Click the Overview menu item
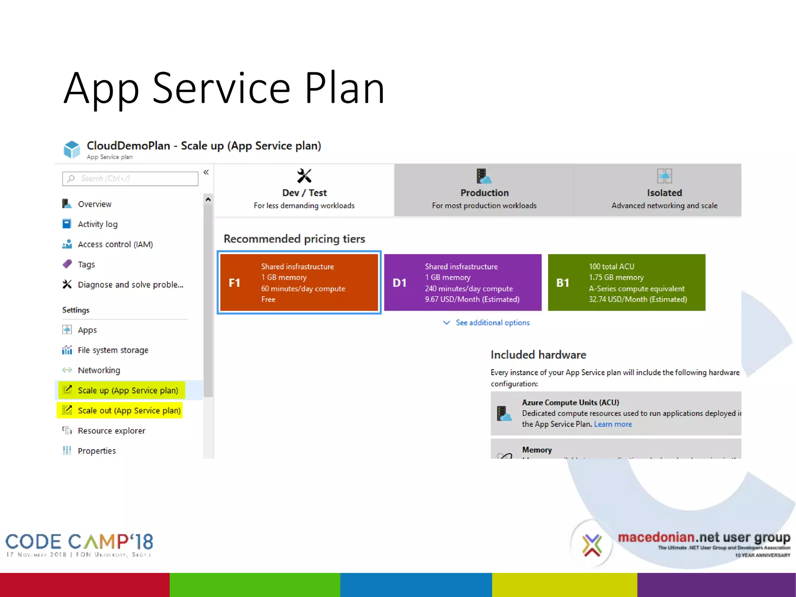point(94,204)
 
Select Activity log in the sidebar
point(98,224)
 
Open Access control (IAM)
point(115,244)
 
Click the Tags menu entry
point(86,265)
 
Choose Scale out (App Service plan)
point(129,411)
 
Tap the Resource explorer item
point(112,431)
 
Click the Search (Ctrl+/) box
point(130,179)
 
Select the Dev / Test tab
point(304,190)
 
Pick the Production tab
point(484,190)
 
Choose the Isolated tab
point(664,190)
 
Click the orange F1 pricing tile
point(299,283)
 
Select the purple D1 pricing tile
point(463,283)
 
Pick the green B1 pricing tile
point(627,283)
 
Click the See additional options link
point(492,323)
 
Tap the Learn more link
point(613,424)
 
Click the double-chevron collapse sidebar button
point(206,172)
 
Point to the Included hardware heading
point(538,355)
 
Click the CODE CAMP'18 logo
point(79,544)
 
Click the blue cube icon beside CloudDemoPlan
point(72,150)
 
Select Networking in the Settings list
point(99,370)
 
